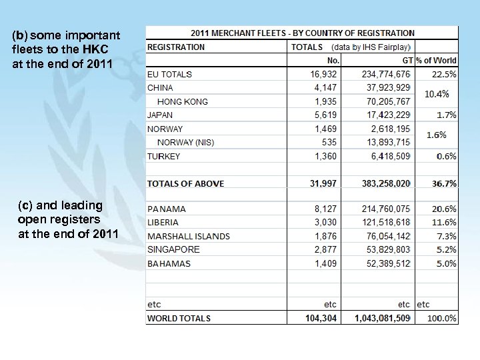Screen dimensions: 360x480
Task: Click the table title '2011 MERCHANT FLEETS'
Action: (303, 33)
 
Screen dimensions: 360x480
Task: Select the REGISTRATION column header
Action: (176, 47)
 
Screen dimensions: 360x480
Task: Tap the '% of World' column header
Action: (436, 61)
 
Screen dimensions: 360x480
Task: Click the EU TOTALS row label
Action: (169, 74)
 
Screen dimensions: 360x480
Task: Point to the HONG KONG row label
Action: (182, 101)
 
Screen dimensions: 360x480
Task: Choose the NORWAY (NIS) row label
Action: (185, 142)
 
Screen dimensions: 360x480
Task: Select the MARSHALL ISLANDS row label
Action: (189, 236)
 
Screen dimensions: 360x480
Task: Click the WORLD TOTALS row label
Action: (179, 318)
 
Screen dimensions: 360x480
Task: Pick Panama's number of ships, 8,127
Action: (325, 209)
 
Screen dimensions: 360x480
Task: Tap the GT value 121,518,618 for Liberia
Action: (386, 222)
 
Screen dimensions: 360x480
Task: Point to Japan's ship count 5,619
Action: (325, 115)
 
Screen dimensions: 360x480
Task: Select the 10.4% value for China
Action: (437, 94)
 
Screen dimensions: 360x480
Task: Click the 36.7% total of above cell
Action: (442, 183)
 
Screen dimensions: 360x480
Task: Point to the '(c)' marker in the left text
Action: (25, 205)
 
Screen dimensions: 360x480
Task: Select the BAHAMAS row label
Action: (169, 263)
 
